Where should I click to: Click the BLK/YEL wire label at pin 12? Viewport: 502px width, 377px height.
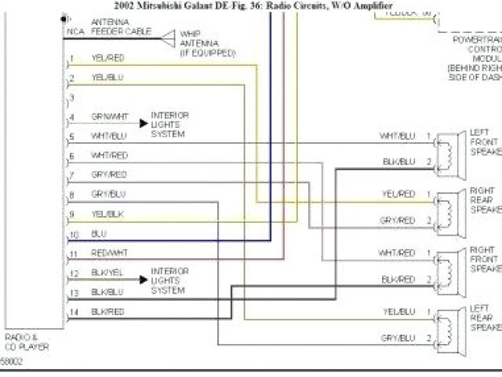[x=107, y=273]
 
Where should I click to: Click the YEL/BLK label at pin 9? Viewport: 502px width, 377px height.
[x=107, y=214]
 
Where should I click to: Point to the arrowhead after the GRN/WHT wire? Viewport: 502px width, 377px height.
[x=143, y=123]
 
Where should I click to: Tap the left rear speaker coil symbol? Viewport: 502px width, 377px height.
[x=446, y=324]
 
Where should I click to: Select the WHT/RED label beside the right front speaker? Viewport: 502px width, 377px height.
[x=397, y=252]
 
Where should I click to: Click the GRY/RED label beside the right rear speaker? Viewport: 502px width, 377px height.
[x=398, y=221]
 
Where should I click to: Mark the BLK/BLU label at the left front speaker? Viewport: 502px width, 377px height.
[x=398, y=162]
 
